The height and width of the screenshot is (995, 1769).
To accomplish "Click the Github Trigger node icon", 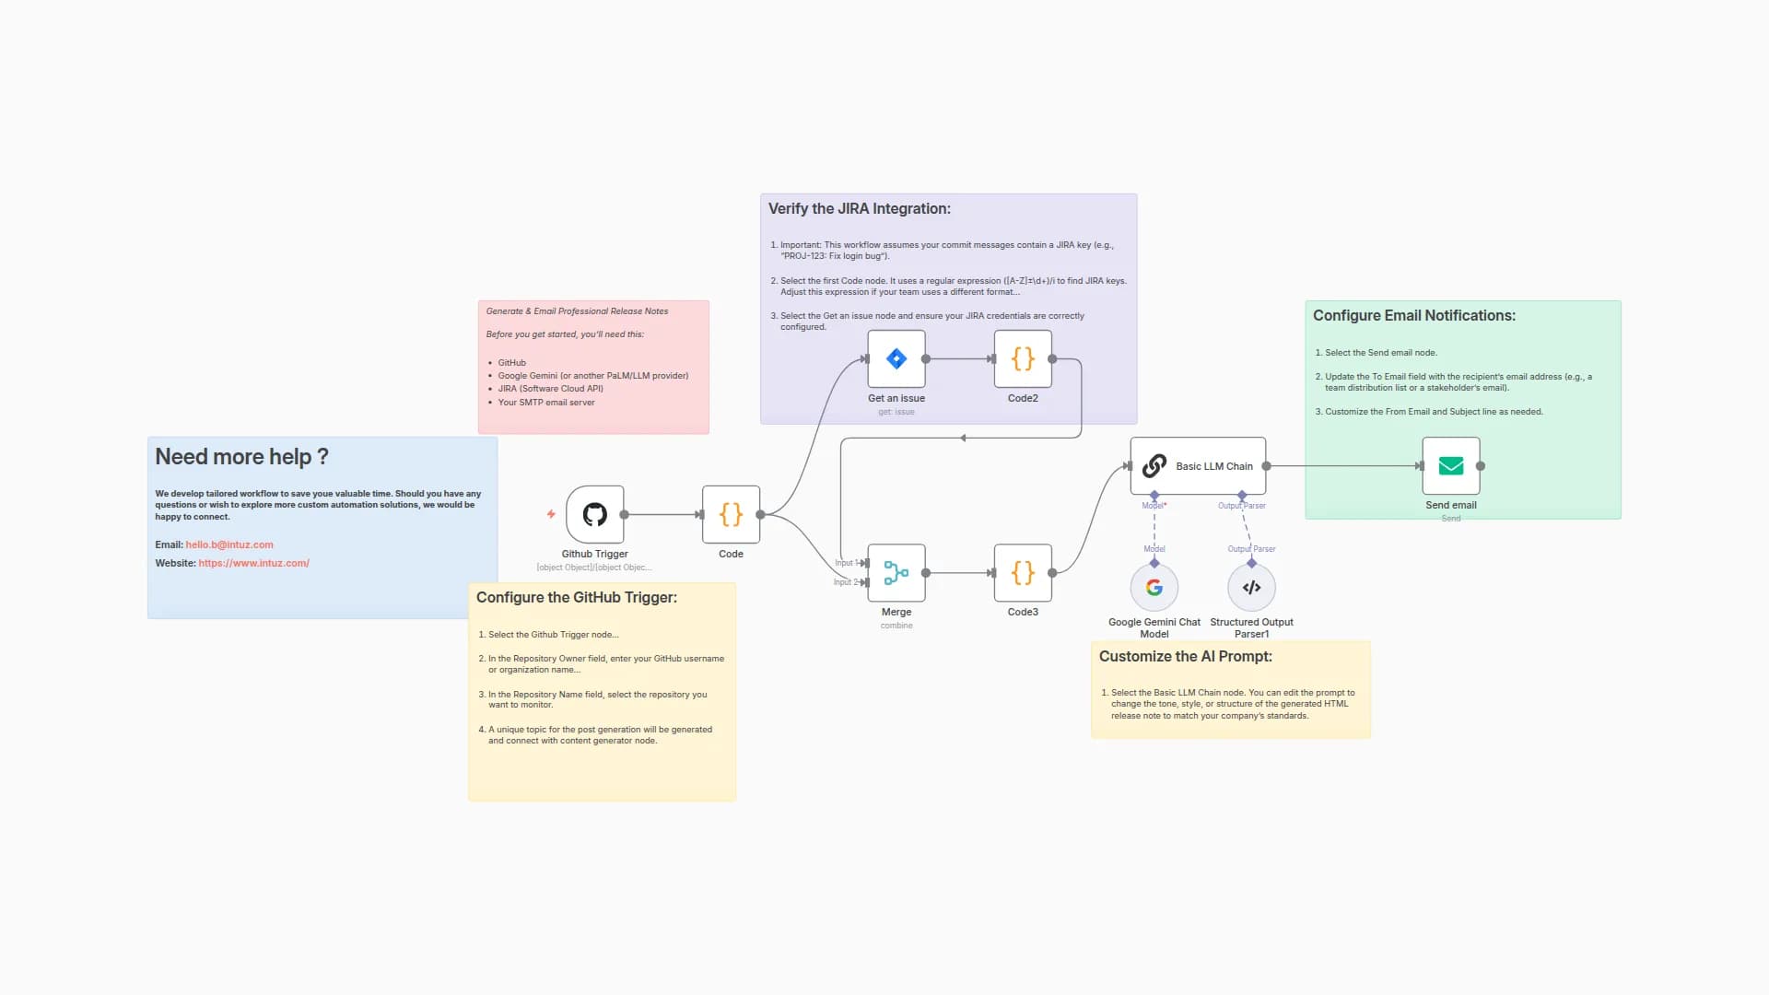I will pyautogui.click(x=594, y=514).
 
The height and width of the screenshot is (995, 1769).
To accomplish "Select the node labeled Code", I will pyautogui.click(x=731, y=514).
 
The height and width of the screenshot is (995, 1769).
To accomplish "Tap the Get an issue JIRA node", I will pyautogui.click(x=896, y=358).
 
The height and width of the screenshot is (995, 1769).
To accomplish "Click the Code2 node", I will pyautogui.click(x=1023, y=358).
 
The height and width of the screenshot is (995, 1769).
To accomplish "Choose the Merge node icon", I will pyautogui.click(x=896, y=572).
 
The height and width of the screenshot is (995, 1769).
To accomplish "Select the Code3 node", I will pyautogui.click(x=1023, y=572).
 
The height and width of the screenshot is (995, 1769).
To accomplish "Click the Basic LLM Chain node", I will pyautogui.click(x=1198, y=466).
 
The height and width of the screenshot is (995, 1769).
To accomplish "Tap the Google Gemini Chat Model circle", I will pyautogui.click(x=1154, y=587).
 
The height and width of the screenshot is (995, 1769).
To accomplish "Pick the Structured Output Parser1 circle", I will pyautogui.click(x=1251, y=587).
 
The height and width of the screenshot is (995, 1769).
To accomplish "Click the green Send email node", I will pyautogui.click(x=1450, y=466).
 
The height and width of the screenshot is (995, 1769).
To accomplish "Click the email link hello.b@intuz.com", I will pyautogui.click(x=229, y=544).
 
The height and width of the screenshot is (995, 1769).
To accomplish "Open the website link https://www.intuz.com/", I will pyautogui.click(x=253, y=563).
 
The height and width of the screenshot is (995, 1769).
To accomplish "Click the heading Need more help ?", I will pyautogui.click(x=241, y=457).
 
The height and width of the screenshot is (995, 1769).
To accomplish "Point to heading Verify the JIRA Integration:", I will pyautogui.click(x=859, y=209).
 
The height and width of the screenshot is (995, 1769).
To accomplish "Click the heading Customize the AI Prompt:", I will pyautogui.click(x=1185, y=656).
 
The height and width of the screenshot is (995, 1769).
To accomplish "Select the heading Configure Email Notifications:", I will pyautogui.click(x=1413, y=315).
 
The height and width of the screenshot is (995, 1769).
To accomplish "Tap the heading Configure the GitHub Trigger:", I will pyautogui.click(x=576, y=597).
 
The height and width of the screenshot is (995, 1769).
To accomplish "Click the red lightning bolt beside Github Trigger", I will pyautogui.click(x=551, y=514).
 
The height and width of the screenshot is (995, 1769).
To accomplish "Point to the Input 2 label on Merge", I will pyautogui.click(x=845, y=582).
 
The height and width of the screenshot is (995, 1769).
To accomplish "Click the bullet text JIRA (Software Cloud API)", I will pyautogui.click(x=550, y=389).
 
